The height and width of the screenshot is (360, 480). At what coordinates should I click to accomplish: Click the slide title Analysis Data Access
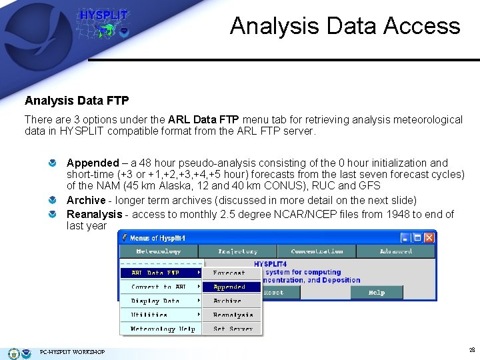345,26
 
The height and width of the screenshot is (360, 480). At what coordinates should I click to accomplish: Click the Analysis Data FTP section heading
77,101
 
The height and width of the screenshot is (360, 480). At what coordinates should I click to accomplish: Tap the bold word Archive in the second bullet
86,200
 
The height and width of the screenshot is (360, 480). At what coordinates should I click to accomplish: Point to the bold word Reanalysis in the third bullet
94,214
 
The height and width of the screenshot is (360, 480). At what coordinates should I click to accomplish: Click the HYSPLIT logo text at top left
103,15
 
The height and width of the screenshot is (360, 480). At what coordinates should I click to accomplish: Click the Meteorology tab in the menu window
158,251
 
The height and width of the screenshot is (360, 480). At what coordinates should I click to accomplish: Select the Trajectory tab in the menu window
237,251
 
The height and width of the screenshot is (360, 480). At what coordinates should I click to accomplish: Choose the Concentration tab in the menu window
317,251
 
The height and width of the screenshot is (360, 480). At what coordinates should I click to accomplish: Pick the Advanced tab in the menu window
395,251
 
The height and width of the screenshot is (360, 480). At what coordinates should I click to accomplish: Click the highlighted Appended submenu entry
230,287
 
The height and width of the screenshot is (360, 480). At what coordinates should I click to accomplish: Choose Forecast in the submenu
229,273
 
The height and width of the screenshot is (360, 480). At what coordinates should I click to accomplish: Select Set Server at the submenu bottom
233,329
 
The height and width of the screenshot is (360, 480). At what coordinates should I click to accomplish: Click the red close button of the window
429,237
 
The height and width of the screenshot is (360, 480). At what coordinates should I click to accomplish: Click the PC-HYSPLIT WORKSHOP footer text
72,352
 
